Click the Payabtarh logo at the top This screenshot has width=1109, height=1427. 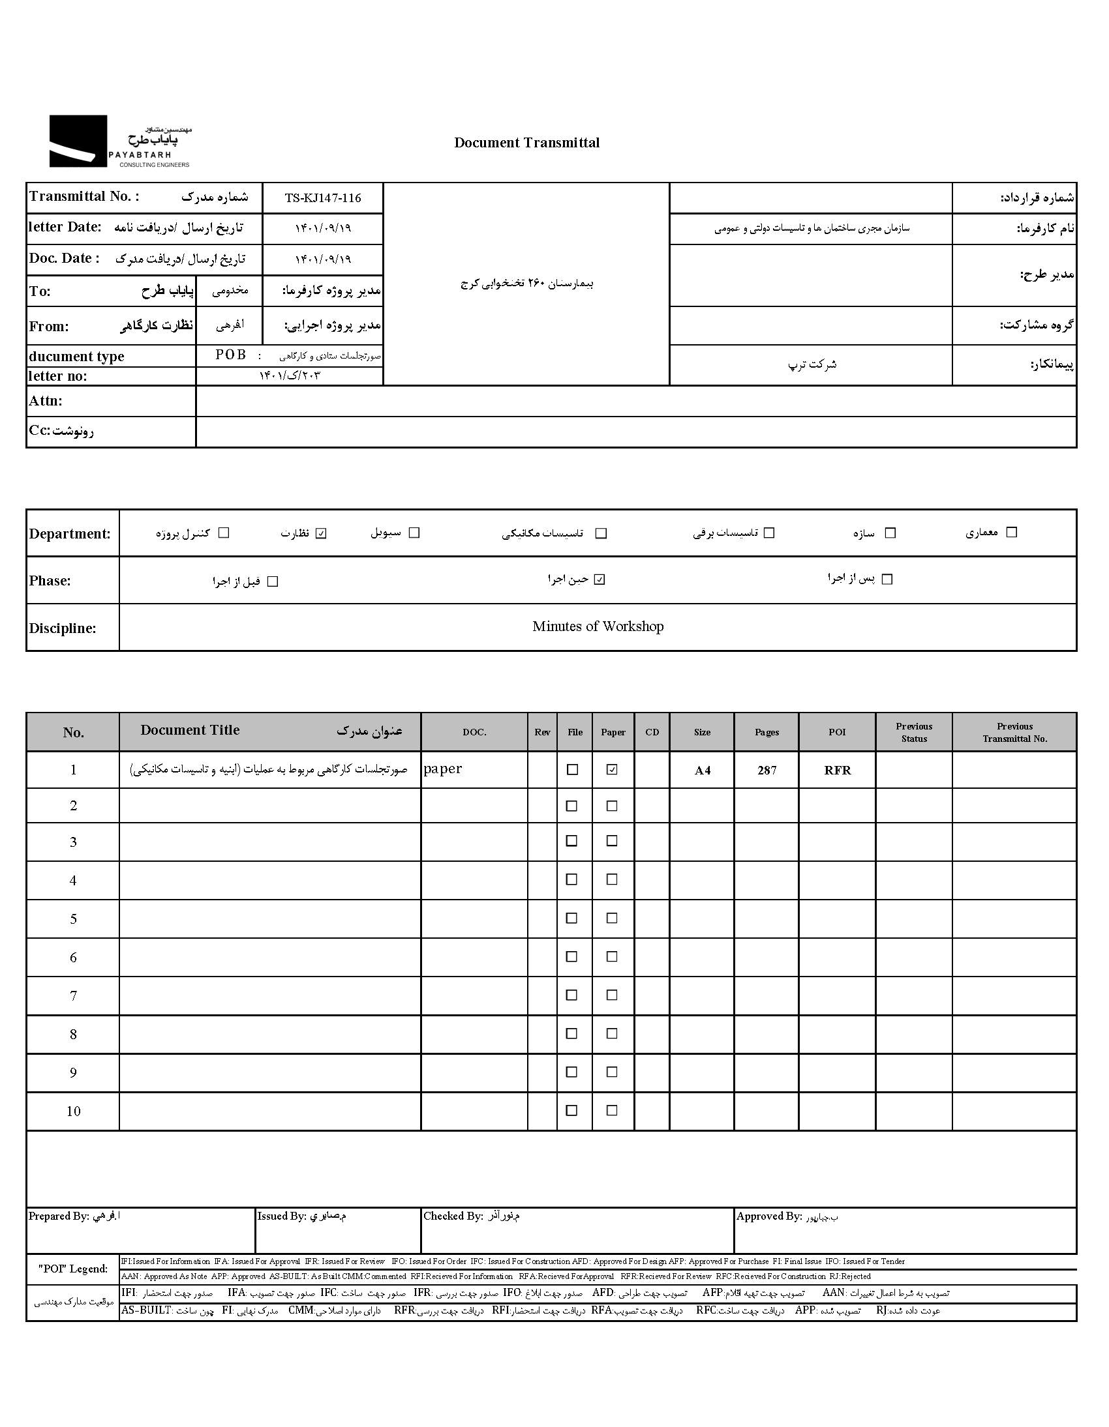coord(119,141)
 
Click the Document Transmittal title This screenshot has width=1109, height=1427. coord(526,143)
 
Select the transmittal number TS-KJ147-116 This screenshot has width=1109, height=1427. coord(322,198)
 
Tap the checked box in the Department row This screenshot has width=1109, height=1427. coord(320,533)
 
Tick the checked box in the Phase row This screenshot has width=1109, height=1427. coord(600,580)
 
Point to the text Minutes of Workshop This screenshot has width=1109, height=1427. coord(598,626)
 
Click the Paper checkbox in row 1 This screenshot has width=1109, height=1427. coord(612,770)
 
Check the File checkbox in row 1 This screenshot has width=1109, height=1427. coord(572,770)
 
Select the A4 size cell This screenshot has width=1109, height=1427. coord(703,771)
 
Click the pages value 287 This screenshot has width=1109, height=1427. coord(767,771)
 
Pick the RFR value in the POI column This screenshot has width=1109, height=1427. coord(837,771)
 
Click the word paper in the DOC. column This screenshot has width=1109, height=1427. coord(443,769)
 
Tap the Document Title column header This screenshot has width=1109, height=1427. coord(190,731)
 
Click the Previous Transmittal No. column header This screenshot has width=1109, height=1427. coord(1014,733)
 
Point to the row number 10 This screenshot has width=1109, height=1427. coord(73,1111)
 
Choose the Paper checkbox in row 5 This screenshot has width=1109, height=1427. coord(612,918)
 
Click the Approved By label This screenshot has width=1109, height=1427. coord(768,1216)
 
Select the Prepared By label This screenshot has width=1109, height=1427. coord(58,1216)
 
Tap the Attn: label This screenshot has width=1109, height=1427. coord(45,401)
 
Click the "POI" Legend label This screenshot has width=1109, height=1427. coord(72,1269)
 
